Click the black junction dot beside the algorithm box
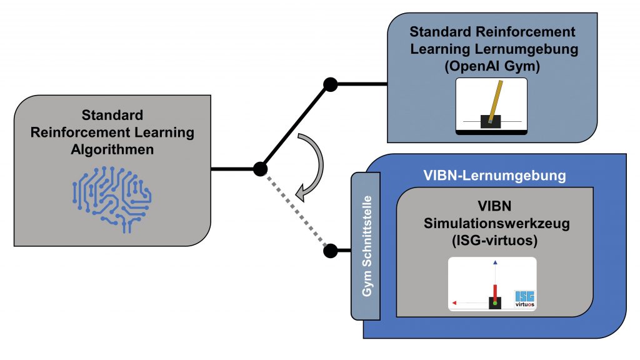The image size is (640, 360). pos(261,168)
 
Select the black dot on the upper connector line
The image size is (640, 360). pos(330,84)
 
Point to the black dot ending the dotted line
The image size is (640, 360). pos(331,251)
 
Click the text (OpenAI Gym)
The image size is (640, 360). pos(492,66)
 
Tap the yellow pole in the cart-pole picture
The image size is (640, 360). pos(495,101)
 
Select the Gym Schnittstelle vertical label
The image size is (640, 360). pos(367,246)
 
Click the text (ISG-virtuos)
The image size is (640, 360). pos(492,242)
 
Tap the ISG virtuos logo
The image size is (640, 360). pos(524,299)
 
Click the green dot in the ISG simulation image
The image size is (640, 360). pos(495,303)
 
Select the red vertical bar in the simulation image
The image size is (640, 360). pos(495,291)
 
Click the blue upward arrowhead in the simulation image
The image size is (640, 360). pos(495,264)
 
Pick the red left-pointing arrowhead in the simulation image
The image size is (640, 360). pos(454,303)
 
